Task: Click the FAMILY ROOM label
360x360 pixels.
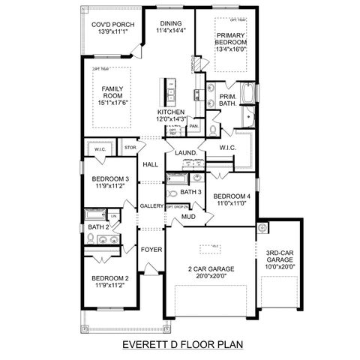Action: pos(112,94)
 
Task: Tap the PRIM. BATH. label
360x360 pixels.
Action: pos(228,100)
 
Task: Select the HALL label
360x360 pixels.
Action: pos(151,164)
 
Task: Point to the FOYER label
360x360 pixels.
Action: pos(151,249)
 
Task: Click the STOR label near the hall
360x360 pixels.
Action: pos(130,148)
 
